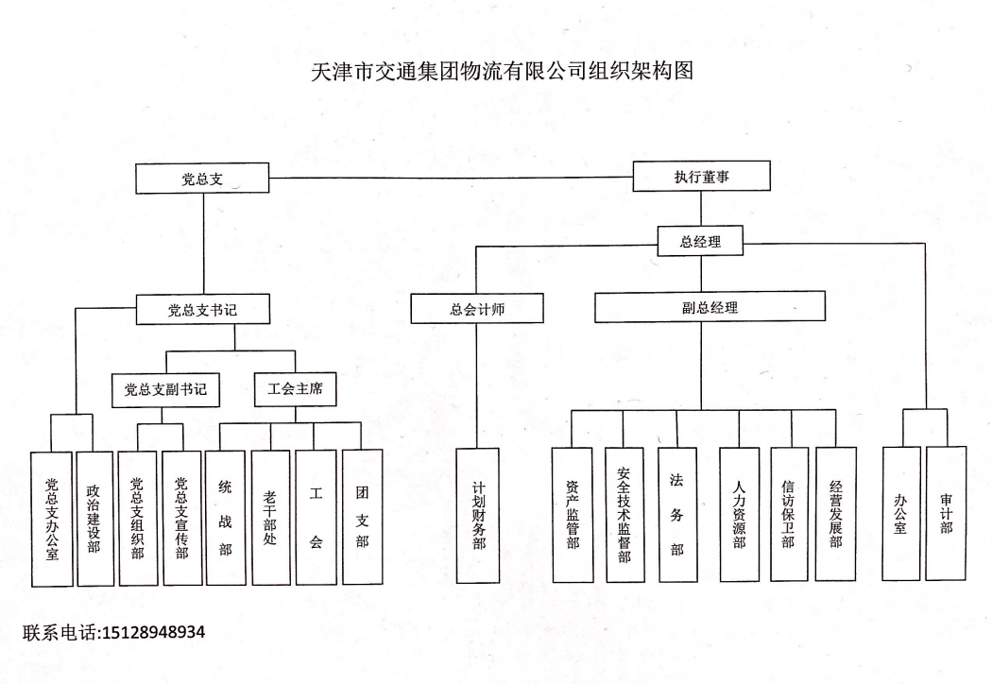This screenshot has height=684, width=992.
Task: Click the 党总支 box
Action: [x=202, y=179]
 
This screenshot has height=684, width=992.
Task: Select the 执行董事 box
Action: [x=702, y=176]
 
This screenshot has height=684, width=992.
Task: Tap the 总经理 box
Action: [x=700, y=241]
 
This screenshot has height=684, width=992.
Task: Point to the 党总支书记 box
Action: [x=202, y=310]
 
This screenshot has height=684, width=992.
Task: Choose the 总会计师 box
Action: [x=477, y=309]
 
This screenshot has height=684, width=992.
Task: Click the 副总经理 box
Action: [x=710, y=307]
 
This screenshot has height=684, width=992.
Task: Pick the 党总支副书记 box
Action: [x=165, y=390]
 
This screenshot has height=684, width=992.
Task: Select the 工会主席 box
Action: [x=295, y=388]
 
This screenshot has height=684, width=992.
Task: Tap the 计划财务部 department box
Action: [x=478, y=516]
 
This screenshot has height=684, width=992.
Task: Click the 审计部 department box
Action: [x=947, y=513]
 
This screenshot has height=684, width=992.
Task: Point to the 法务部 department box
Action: [x=677, y=515]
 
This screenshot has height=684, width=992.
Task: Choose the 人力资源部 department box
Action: [x=739, y=515]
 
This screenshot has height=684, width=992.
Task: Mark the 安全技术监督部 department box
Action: [x=624, y=515]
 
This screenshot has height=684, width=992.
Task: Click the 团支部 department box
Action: [x=363, y=517]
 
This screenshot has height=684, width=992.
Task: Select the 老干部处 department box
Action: [x=271, y=518]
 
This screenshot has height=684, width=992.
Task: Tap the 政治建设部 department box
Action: [x=94, y=519]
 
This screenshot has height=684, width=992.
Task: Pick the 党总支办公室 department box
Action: [x=52, y=520]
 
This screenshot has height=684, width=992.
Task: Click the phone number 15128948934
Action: [x=152, y=632]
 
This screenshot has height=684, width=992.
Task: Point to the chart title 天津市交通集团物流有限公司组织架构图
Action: [x=503, y=71]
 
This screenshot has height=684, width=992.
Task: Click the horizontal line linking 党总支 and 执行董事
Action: [x=451, y=178]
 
